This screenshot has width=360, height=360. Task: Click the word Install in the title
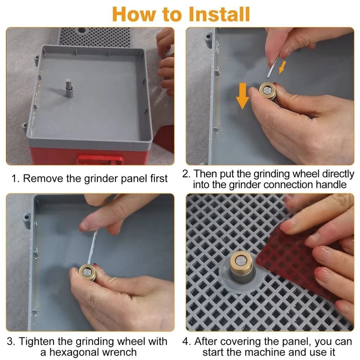coord(219,14)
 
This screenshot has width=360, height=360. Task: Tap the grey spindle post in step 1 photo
coord(69,88)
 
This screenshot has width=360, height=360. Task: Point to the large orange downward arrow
coord(242,96)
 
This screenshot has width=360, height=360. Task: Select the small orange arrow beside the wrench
coord(282,67)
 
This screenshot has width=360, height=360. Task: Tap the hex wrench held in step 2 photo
coord(273,68)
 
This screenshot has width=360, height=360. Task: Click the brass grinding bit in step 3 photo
coord(87,272)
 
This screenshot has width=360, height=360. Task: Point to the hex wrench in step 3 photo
coord(92,248)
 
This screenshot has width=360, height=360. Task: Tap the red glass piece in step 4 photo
coord(294,260)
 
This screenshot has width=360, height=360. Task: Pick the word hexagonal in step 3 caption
coord(74,352)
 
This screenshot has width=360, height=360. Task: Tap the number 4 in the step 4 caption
coord(185,341)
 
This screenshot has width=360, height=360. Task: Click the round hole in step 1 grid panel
coord(81,30)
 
